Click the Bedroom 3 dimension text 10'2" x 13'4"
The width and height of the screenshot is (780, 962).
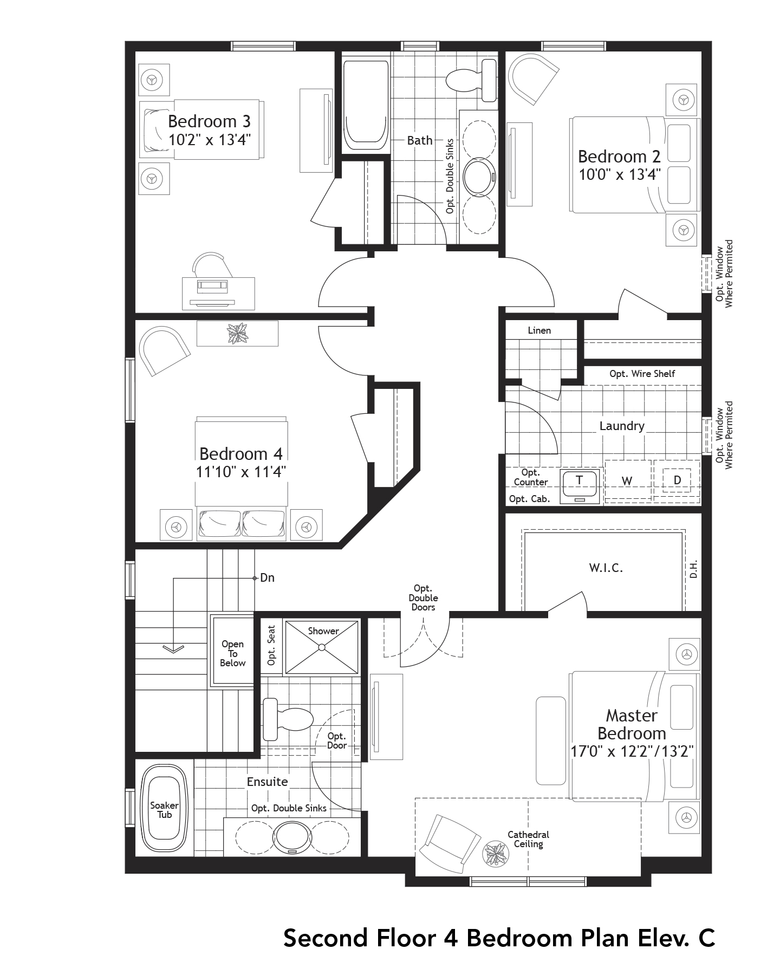209,140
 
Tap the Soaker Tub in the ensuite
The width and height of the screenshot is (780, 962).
164,810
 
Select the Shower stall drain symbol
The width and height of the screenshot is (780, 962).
322,647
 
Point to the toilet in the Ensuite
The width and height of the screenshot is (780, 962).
287,719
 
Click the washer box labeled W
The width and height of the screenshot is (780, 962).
627,481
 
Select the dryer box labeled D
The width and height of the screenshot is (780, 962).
677,480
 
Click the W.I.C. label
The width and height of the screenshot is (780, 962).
606,568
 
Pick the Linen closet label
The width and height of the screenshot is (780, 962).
539,330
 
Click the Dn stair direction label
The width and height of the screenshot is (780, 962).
268,578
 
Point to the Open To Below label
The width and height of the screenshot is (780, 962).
232,653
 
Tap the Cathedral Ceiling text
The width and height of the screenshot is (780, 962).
528,839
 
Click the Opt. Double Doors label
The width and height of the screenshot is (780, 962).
423,597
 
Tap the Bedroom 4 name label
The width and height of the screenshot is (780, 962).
241,453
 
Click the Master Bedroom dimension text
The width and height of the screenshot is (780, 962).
632,752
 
